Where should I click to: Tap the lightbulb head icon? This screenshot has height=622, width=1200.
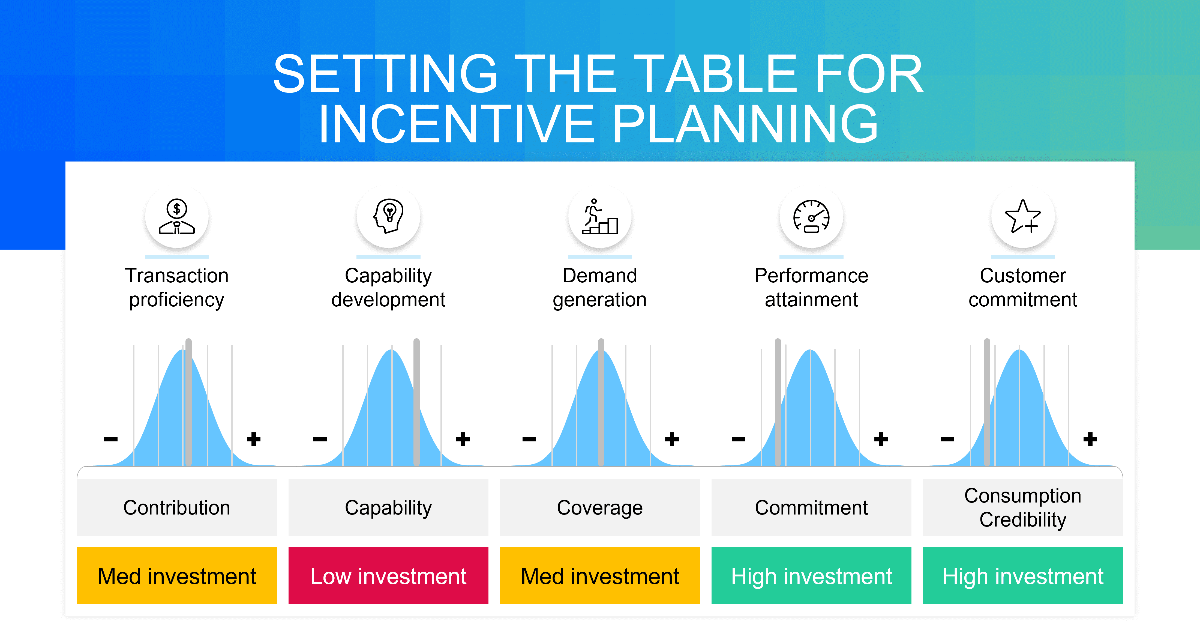pyautogui.click(x=389, y=216)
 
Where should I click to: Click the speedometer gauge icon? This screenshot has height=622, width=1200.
pyautogui.click(x=811, y=216)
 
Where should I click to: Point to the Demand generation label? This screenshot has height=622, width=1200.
pyautogui.click(x=600, y=288)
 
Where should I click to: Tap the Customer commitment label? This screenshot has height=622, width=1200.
pyautogui.click(x=1023, y=288)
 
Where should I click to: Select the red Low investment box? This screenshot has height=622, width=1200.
pyautogui.click(x=389, y=576)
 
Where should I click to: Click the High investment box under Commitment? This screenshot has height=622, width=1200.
pyautogui.click(x=811, y=576)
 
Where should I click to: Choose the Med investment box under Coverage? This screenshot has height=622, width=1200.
pyautogui.click(x=600, y=576)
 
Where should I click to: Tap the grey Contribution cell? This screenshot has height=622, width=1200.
pyautogui.click(x=177, y=507)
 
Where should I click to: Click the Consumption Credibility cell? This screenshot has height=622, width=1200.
pyautogui.click(x=1023, y=507)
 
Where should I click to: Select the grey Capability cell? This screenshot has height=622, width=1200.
pyautogui.click(x=389, y=507)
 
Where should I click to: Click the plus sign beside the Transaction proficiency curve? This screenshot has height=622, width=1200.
pyautogui.click(x=253, y=439)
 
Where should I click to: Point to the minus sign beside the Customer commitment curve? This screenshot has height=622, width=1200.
pyautogui.click(x=947, y=439)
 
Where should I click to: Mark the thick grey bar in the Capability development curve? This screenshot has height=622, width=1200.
pyautogui.click(x=416, y=402)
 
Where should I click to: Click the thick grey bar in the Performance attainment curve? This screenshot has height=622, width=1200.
pyautogui.click(x=778, y=402)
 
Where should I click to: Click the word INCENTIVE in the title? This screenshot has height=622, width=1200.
pyautogui.click(x=457, y=124)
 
